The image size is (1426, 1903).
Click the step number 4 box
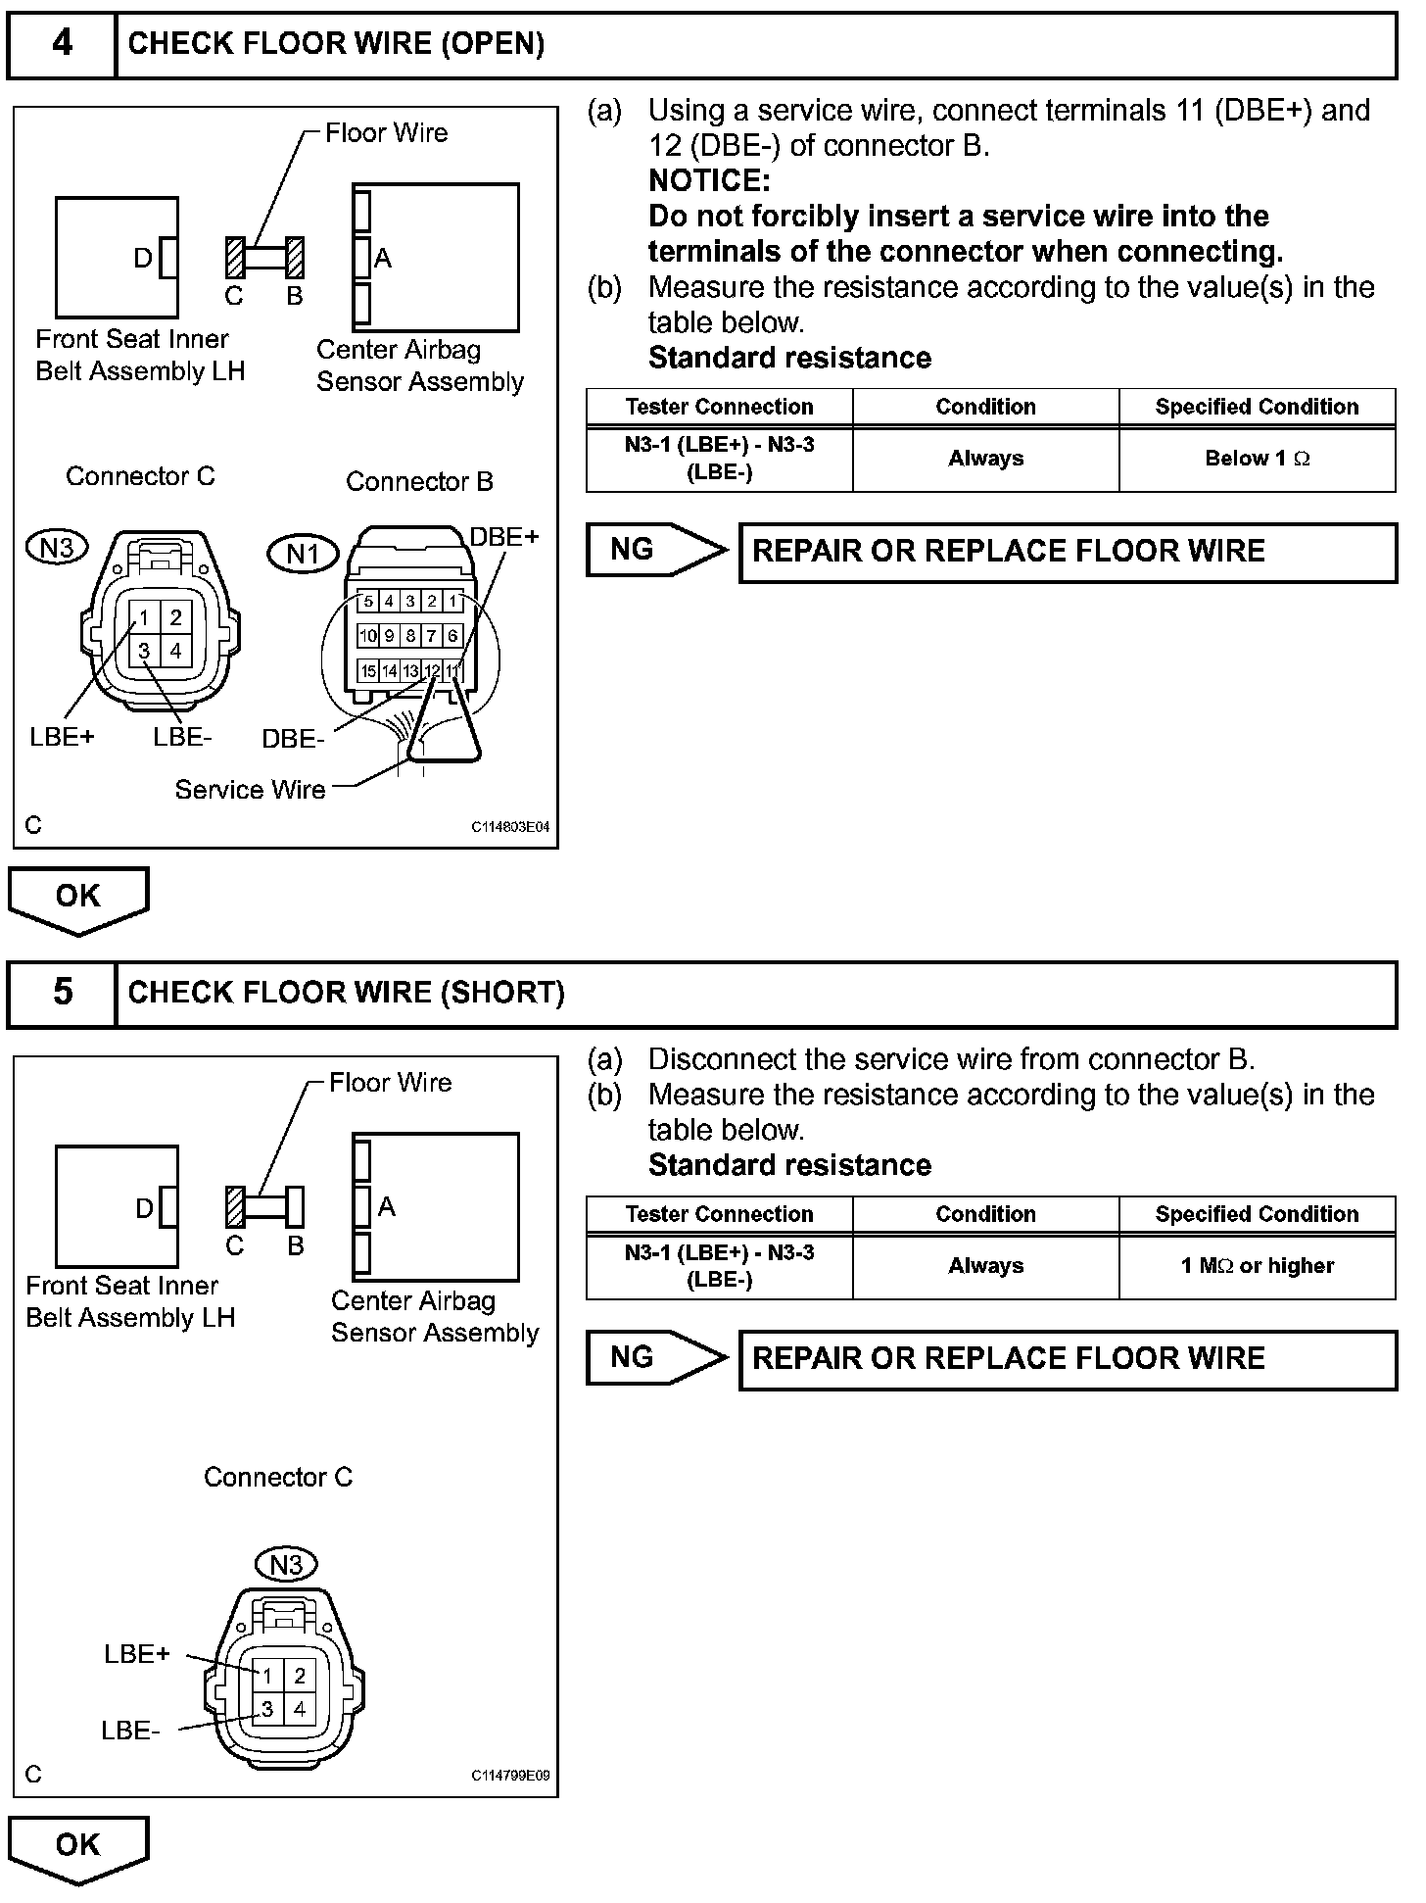[62, 44]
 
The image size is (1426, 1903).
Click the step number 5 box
[62, 993]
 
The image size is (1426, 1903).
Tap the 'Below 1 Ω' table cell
[1257, 459]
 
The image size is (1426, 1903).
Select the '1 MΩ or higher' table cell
[1257, 1266]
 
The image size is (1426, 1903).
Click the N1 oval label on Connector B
[303, 555]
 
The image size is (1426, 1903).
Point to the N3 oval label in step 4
[58, 547]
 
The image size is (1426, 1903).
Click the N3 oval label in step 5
[286, 1565]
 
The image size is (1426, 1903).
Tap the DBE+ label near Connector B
[504, 537]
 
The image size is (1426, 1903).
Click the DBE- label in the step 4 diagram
[293, 740]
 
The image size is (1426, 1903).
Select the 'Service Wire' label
[250, 790]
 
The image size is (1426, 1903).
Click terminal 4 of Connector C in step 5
[300, 1709]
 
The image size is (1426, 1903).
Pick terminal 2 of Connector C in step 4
[176, 617]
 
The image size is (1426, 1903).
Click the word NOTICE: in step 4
[709, 181]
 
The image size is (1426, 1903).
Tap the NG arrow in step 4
[656, 550]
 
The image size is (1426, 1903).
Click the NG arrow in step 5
[656, 1357]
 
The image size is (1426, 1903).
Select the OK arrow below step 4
[78, 898]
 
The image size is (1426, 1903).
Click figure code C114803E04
[510, 827]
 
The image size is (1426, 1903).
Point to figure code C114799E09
[510, 1776]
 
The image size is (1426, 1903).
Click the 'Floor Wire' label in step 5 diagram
[390, 1083]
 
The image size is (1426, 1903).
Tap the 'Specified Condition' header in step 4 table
[1257, 408]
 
